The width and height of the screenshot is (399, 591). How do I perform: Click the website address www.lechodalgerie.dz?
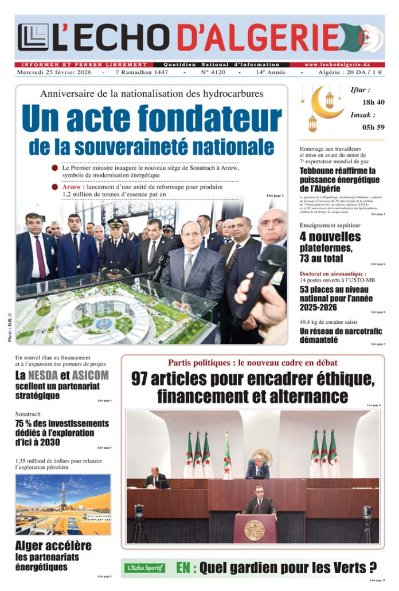coord(343,65)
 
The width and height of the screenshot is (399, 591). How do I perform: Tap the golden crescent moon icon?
coord(324,105)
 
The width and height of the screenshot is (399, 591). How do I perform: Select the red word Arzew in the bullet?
coord(73,187)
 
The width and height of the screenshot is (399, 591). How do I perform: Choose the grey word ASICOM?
coord(90,376)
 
